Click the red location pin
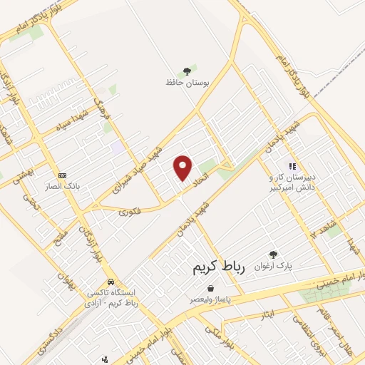click(184, 168)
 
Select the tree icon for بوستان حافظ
click(187, 71)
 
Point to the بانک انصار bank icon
click(62, 175)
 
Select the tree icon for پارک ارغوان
click(272, 254)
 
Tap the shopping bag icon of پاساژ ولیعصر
click(210, 288)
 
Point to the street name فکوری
click(130, 211)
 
